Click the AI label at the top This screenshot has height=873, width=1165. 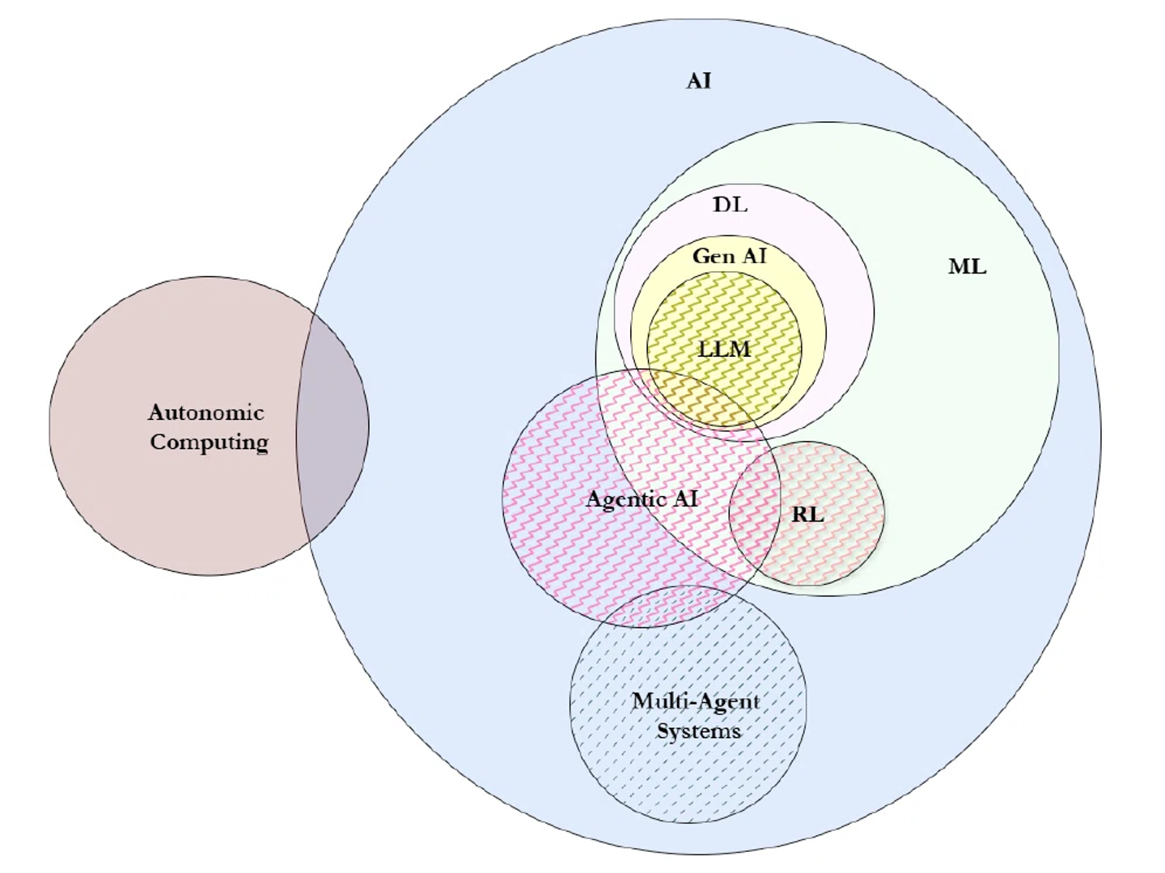(699, 81)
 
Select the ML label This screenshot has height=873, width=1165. (967, 267)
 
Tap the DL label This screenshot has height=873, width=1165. (730, 205)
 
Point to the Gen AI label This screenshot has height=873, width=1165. (729, 256)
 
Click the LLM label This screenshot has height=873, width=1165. (724, 350)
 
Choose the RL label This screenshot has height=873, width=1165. (807, 514)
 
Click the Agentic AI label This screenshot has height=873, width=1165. (642, 499)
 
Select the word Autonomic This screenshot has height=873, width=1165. (206, 413)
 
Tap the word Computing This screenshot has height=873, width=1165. (209, 443)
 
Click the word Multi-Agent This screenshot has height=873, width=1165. (696, 701)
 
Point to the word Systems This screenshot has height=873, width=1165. (698, 731)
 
